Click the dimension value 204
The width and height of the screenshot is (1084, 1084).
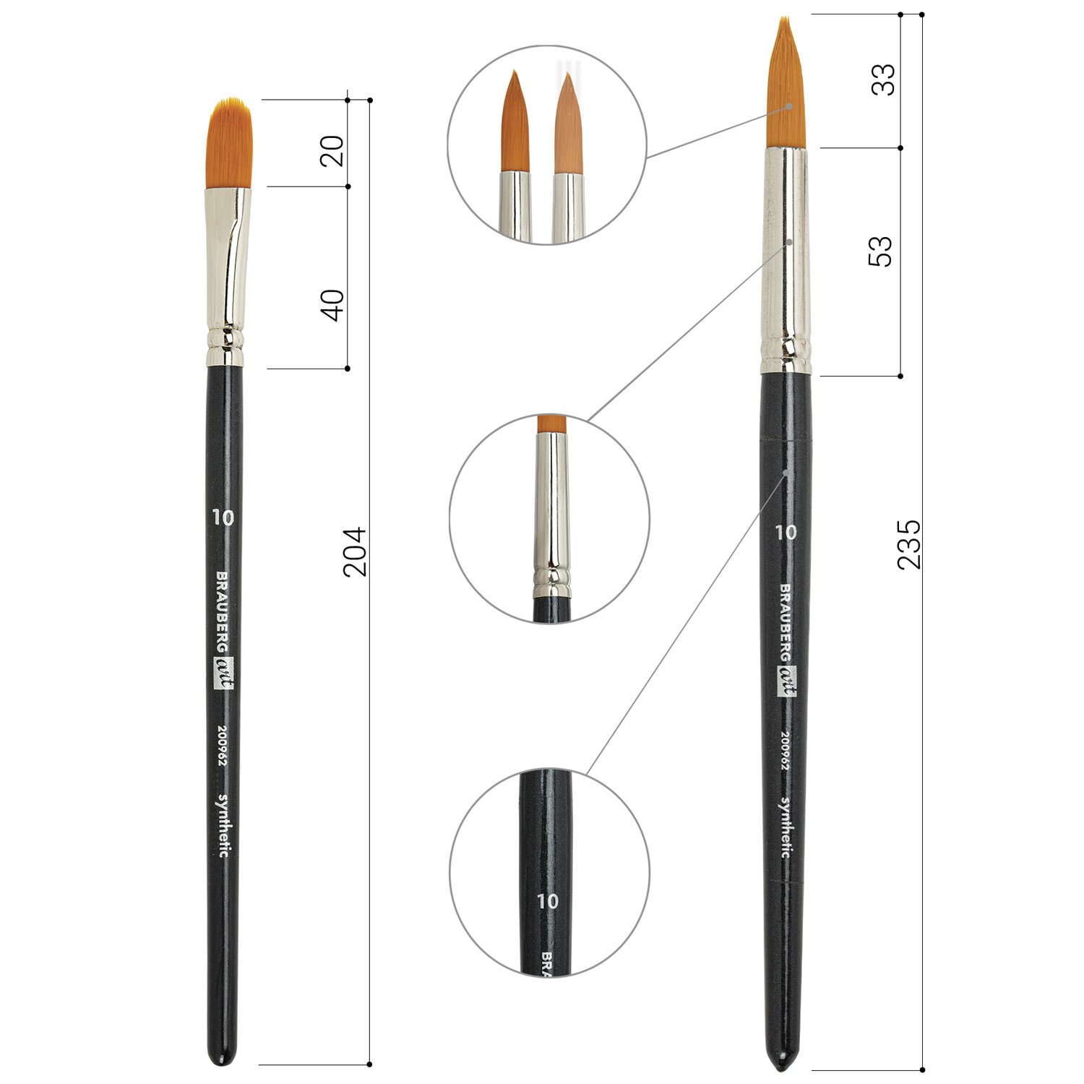click(x=355, y=552)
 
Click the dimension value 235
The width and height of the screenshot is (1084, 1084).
click(x=909, y=543)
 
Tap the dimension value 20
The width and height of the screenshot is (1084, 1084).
click(x=332, y=151)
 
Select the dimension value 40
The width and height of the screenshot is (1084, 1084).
click(x=332, y=304)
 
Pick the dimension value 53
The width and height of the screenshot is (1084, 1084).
click(x=880, y=251)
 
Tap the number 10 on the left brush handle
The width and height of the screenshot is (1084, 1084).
click(x=223, y=517)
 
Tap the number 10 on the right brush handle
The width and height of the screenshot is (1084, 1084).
click(x=786, y=533)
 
